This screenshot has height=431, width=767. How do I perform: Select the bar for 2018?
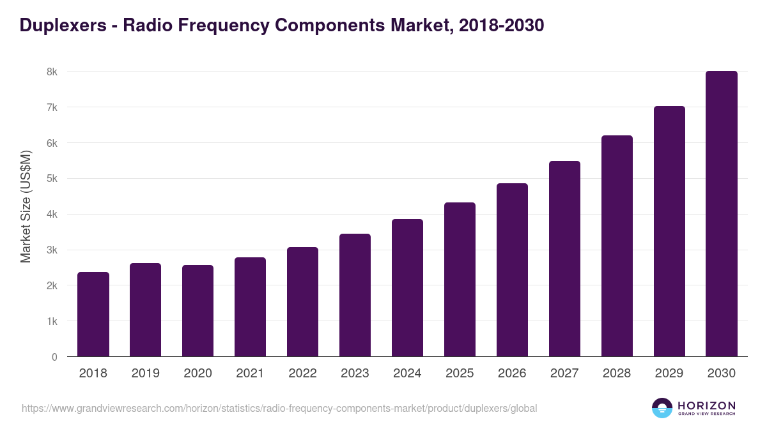coord(93,314)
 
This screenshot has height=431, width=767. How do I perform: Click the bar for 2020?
coord(198,311)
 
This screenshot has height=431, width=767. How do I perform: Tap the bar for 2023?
coord(355,295)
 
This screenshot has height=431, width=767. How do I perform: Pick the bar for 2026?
coord(512,270)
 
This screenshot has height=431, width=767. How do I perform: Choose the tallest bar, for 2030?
coord(722,214)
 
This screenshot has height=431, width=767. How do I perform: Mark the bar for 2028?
coord(617,246)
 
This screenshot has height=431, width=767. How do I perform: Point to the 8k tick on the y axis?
coord(52,72)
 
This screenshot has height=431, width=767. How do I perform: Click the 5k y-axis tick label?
coord(52,179)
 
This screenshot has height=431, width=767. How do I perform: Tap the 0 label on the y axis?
coord(54,357)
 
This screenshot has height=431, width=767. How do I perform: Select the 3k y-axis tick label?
coord(52,250)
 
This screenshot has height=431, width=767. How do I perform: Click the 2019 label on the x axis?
coord(146,374)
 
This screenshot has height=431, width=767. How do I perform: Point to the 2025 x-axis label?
coord(460,374)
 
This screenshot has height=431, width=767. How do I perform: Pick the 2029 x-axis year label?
coord(669,374)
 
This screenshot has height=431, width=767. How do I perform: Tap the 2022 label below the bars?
coord(302,374)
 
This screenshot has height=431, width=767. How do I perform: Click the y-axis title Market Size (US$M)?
coord(26,206)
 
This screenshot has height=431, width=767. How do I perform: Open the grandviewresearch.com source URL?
coord(279,408)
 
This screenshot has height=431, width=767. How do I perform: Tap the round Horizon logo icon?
coord(662,408)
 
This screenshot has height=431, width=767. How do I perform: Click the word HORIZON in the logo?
coord(706,405)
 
